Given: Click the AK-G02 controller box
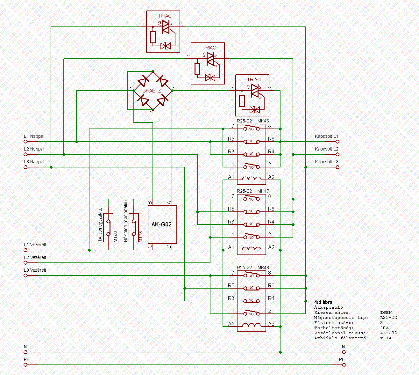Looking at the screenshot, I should (x=162, y=224).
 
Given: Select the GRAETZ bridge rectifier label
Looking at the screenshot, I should (x=152, y=91).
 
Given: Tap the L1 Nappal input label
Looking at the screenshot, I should (x=34, y=136).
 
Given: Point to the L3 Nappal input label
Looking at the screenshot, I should (x=34, y=162).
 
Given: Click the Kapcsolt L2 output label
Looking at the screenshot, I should (x=326, y=149).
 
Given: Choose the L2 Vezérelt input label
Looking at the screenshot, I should (x=35, y=257).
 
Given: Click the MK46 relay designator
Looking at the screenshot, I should (x=263, y=121).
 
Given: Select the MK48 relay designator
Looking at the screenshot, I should (x=263, y=268).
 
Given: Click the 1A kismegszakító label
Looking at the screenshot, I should (x=100, y=224).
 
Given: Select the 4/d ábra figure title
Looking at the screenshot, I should (x=323, y=302).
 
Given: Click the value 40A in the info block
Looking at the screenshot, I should (x=384, y=328).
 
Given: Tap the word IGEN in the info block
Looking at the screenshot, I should (x=386, y=312).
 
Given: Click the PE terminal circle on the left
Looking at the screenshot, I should (x=25, y=365).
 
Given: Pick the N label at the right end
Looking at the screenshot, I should (x=343, y=347).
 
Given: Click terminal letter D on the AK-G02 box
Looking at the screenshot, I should (x=169, y=246).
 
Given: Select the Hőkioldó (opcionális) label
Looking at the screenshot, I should (x=125, y=221).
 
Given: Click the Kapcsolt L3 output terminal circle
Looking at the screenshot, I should (x=337, y=167).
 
